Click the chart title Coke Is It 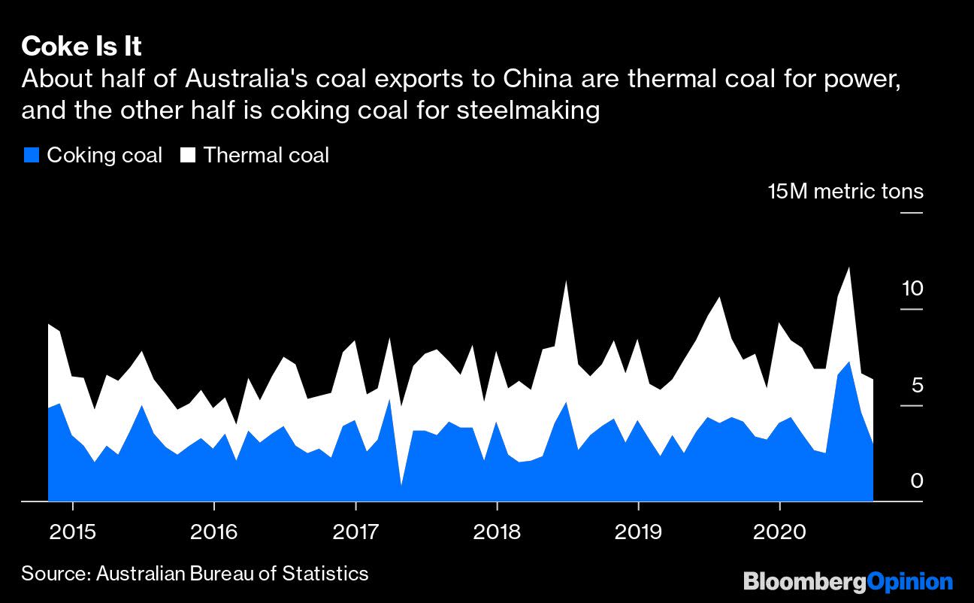tap(81, 47)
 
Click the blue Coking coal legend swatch tap(31, 156)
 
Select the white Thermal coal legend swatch tap(188, 156)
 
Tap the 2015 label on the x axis tap(72, 532)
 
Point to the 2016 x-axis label tap(214, 532)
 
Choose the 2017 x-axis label tap(355, 532)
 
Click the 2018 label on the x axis tap(497, 532)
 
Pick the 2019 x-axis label tap(638, 532)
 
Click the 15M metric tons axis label tap(845, 192)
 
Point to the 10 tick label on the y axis tap(911, 289)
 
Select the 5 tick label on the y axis tap(916, 386)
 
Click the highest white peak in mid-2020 tap(849, 268)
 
